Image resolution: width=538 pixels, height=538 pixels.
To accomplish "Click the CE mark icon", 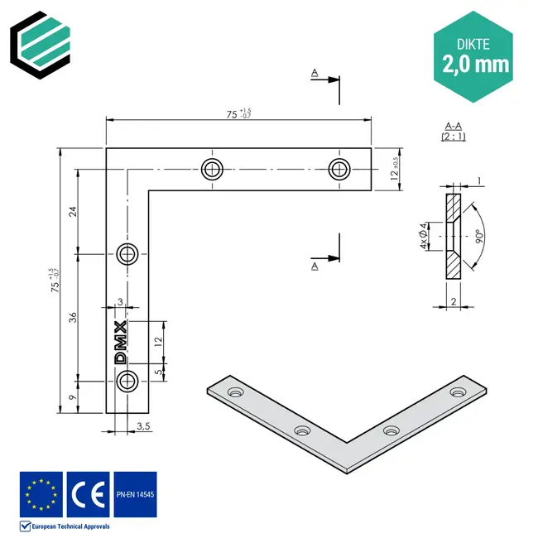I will coord(87,494).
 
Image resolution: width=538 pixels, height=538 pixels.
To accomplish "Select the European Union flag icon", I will coord(41,494).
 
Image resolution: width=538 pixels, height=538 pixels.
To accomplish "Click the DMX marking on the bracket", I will coord(121,343).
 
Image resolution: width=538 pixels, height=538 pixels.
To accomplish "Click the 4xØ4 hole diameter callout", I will coord(423,236).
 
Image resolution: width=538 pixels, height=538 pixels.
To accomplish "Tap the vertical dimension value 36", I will coord(72,317).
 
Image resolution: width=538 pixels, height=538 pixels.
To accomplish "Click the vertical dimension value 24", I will coord(72,212).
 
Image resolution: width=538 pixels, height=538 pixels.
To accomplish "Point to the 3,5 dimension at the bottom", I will coord(142,427).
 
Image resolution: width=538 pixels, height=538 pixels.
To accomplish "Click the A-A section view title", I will coord(453,126).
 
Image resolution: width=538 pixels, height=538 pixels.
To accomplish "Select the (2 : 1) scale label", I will coord(453,137).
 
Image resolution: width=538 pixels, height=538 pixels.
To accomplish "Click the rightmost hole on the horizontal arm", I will coord(338,168).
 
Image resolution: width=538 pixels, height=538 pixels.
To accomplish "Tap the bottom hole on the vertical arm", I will coord(127,381).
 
